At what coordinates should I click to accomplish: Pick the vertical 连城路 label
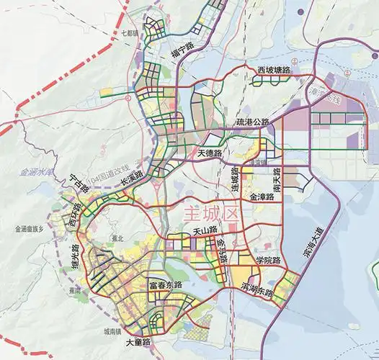[x=235, y=178]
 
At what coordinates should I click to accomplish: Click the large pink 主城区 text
[x=210, y=214]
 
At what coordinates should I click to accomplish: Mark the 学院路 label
[x=267, y=260]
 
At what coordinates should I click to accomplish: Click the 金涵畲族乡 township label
[x=29, y=229]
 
